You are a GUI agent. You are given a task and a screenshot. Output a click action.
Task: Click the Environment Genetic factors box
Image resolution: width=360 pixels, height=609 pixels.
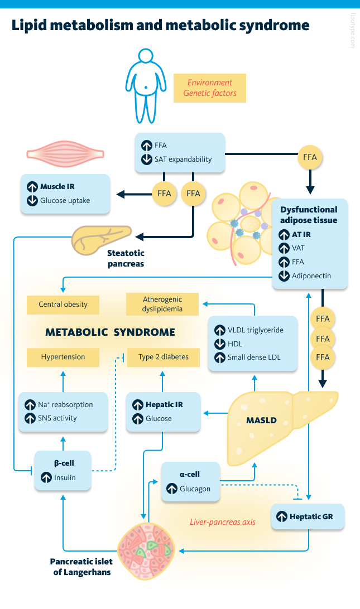[210, 88]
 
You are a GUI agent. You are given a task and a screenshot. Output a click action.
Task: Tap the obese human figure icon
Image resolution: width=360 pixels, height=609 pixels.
[147, 86]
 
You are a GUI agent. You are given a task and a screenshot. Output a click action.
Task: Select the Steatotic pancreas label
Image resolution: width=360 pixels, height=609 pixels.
[126, 258]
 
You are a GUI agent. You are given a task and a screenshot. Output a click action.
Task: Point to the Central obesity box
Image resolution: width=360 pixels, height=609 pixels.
[63, 304]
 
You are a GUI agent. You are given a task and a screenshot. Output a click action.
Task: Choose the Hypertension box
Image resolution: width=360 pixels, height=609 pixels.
[63, 357]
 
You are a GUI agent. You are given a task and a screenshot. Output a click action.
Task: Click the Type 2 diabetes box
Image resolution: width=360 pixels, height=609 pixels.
[162, 357]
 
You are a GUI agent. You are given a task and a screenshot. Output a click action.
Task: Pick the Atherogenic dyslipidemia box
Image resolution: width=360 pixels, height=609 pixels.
[162, 304]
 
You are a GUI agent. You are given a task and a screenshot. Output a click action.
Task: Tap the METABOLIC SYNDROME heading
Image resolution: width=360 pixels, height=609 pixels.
[110, 332]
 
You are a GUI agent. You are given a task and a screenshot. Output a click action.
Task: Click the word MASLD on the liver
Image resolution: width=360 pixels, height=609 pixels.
[262, 420]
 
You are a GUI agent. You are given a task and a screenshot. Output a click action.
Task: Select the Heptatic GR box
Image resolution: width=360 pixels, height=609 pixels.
[308, 516]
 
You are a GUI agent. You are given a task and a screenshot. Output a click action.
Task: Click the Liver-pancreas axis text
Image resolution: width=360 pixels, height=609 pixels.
[223, 522]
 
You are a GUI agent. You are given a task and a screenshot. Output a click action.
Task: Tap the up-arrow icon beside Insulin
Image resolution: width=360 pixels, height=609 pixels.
[45, 477]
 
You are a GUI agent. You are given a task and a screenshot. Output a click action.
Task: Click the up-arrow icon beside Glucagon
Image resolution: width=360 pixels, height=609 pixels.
[171, 489]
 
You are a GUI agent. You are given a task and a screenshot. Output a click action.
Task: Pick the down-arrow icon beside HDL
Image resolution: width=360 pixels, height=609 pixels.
[219, 344]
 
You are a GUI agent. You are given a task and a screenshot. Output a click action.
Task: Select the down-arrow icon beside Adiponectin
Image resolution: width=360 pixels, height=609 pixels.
[283, 275]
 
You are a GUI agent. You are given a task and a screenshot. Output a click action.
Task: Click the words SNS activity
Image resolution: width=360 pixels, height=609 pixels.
[57, 418]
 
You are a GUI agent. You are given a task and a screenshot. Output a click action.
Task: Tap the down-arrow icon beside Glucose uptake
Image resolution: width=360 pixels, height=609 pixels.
[31, 200]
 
